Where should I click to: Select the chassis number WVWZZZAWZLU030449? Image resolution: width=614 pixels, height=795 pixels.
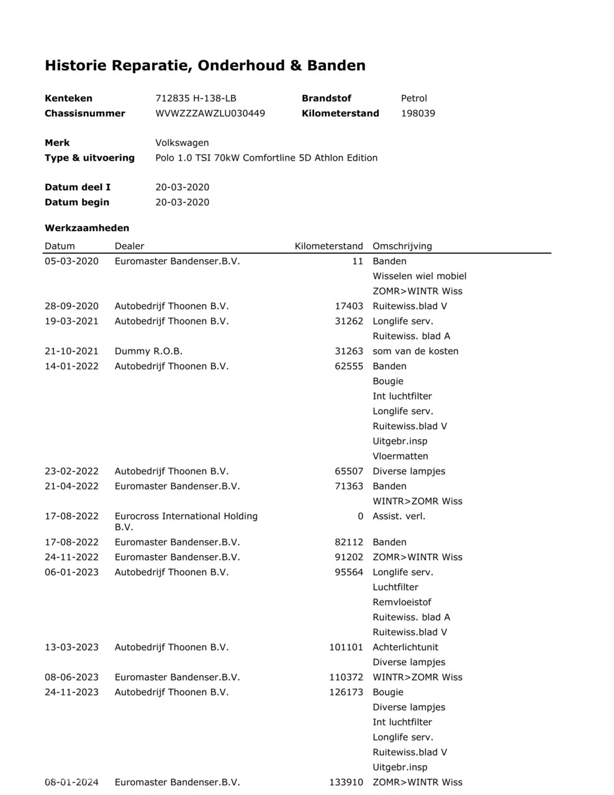pyautogui.click(x=210, y=113)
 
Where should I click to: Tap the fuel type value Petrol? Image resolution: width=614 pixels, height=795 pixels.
pyautogui.click(x=414, y=98)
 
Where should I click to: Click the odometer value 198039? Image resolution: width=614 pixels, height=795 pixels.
pyautogui.click(x=418, y=113)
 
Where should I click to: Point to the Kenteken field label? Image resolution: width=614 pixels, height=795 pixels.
pyautogui.click(x=68, y=98)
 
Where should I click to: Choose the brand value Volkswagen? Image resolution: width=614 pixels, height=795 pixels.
pyautogui.click(x=182, y=143)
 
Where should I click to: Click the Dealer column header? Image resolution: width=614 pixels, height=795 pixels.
pyautogui.click(x=129, y=246)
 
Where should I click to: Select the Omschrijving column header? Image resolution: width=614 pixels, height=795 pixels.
pyautogui.click(x=402, y=246)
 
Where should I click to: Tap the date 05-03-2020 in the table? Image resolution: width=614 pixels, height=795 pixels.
pyautogui.click(x=71, y=261)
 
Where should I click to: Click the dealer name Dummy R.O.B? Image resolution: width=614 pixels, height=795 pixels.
pyautogui.click(x=148, y=351)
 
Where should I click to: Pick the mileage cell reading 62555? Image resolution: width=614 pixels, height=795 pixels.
pyautogui.click(x=349, y=366)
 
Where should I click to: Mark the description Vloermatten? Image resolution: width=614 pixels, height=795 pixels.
pyautogui.click(x=400, y=456)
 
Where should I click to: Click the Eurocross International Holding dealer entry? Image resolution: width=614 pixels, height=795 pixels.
pyautogui.click(x=186, y=516)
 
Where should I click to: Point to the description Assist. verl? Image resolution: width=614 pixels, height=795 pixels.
pyautogui.click(x=399, y=516)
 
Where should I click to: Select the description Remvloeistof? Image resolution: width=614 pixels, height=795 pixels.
pyautogui.click(x=402, y=602)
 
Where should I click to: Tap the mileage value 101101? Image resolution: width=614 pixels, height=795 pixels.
pyautogui.click(x=346, y=647)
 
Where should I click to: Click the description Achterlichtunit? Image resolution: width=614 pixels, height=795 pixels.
pyautogui.click(x=405, y=647)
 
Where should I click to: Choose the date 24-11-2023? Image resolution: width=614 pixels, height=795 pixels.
pyautogui.click(x=71, y=692)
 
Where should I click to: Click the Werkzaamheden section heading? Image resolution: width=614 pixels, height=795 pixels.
pyautogui.click(x=87, y=228)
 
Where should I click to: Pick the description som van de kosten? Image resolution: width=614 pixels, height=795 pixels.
pyautogui.click(x=415, y=351)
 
